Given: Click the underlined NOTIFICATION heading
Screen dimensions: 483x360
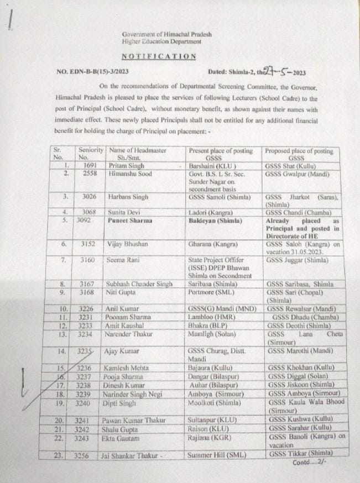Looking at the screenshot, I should click(159, 56).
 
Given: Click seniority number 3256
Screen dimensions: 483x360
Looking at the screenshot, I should click(87, 454).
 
